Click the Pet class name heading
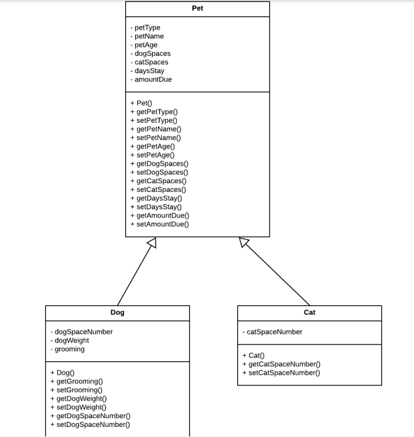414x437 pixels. pos(198,9)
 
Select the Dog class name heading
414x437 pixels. pos(117,312)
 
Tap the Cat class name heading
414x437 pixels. pos(310,312)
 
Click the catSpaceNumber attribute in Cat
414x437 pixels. pos(272,332)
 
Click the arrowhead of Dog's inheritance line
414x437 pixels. pos(151,243)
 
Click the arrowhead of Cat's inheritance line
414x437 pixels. pos(244,242)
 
